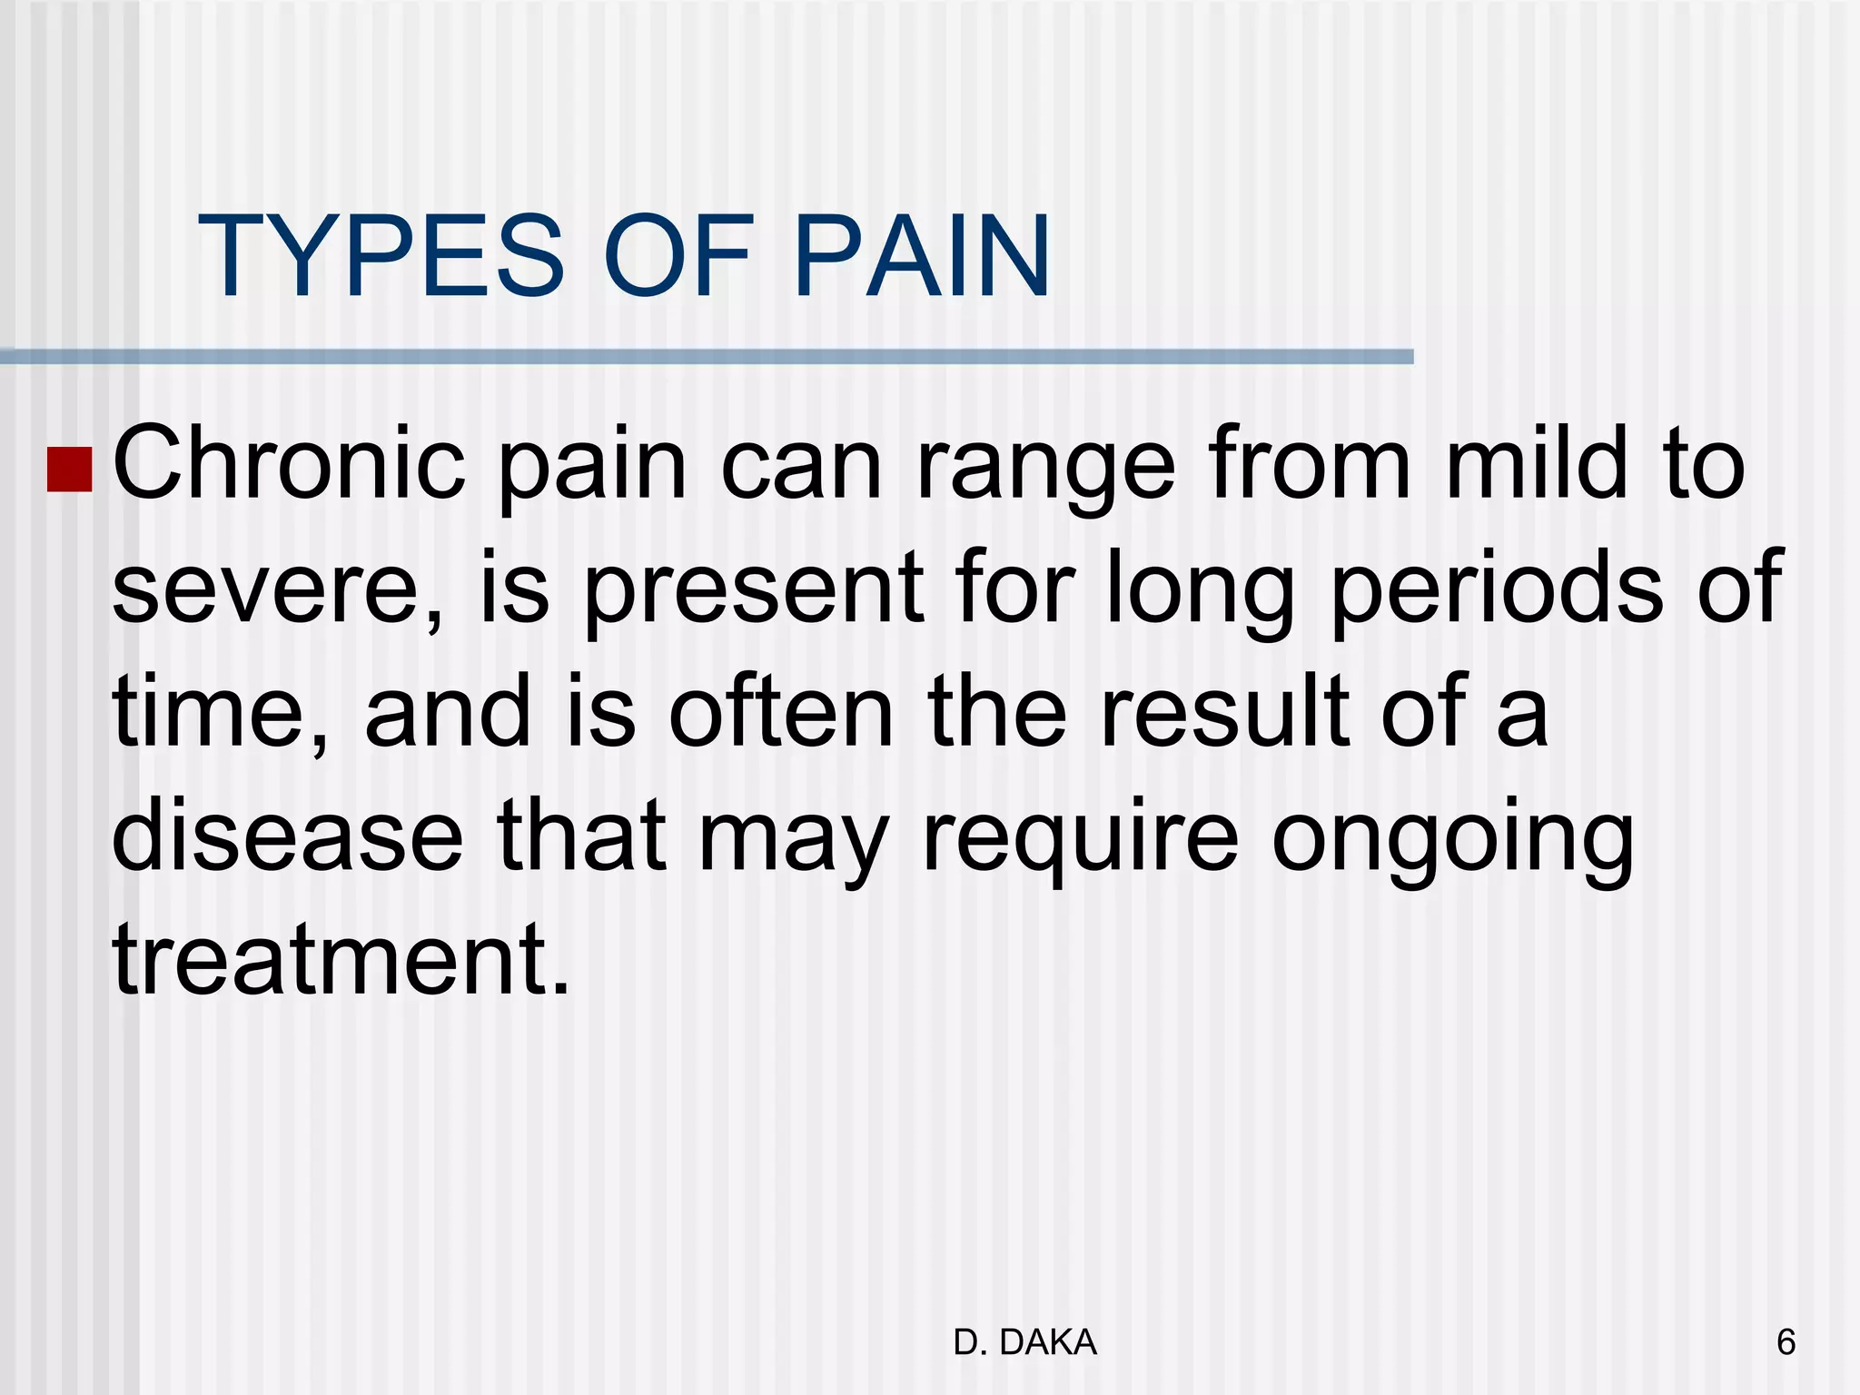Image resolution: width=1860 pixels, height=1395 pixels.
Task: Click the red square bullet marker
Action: point(69,470)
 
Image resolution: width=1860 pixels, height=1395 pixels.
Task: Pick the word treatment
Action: point(341,961)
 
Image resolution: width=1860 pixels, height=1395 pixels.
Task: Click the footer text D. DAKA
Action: point(1025,1342)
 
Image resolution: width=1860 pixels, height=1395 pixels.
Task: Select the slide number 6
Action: point(1786,1342)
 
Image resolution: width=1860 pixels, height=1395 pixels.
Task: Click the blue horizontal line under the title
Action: point(707,357)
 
